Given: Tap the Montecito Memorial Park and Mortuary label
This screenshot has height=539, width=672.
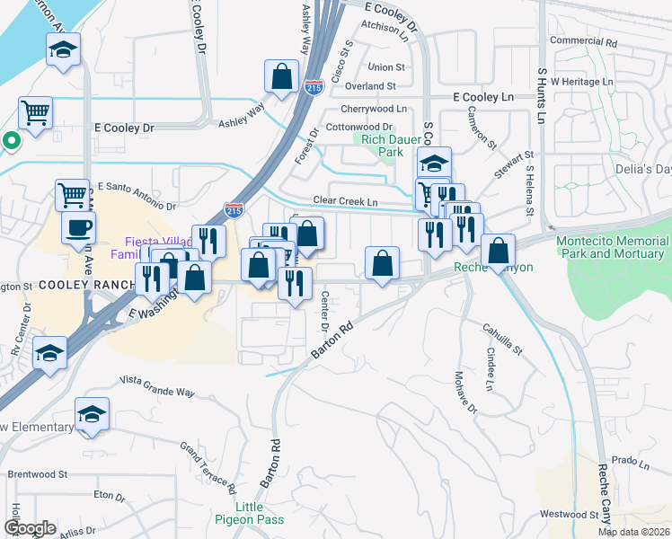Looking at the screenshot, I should [612, 247].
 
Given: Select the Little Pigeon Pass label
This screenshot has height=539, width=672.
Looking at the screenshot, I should [249, 513].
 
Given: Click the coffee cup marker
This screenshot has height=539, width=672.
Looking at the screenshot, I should [78, 226].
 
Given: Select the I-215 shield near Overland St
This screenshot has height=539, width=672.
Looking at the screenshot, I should [314, 88].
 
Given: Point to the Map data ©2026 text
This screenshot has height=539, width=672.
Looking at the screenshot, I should [634, 532].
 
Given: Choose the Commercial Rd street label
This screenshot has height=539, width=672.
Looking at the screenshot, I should [583, 41].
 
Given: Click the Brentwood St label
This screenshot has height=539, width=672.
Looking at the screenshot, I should [38, 473].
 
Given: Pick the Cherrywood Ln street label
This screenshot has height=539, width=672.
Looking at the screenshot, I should [373, 108].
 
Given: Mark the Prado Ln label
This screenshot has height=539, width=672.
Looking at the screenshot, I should [623, 462].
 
